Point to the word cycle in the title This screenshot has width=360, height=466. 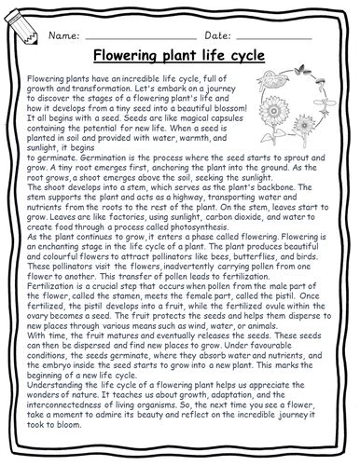(x=243, y=56)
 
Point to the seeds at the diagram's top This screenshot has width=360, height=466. (x=287, y=80)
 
